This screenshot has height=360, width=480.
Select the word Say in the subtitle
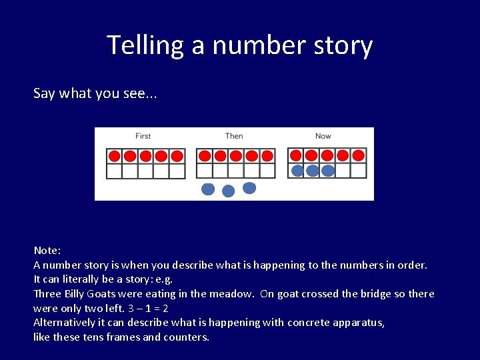44,93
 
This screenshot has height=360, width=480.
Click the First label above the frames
143,136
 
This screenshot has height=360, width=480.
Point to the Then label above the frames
234,136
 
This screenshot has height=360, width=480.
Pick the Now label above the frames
323,136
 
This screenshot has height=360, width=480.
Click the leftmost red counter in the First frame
114,156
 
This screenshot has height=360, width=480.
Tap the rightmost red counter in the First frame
177,156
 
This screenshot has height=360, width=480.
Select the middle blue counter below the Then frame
228,191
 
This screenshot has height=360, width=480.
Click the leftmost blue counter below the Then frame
208,189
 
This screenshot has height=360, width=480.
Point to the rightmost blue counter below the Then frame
249,188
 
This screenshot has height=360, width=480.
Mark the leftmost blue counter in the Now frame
297,171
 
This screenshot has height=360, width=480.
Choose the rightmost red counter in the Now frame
359,156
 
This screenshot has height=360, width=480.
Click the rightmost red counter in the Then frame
267,156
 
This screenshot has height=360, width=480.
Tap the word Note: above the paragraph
47,251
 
